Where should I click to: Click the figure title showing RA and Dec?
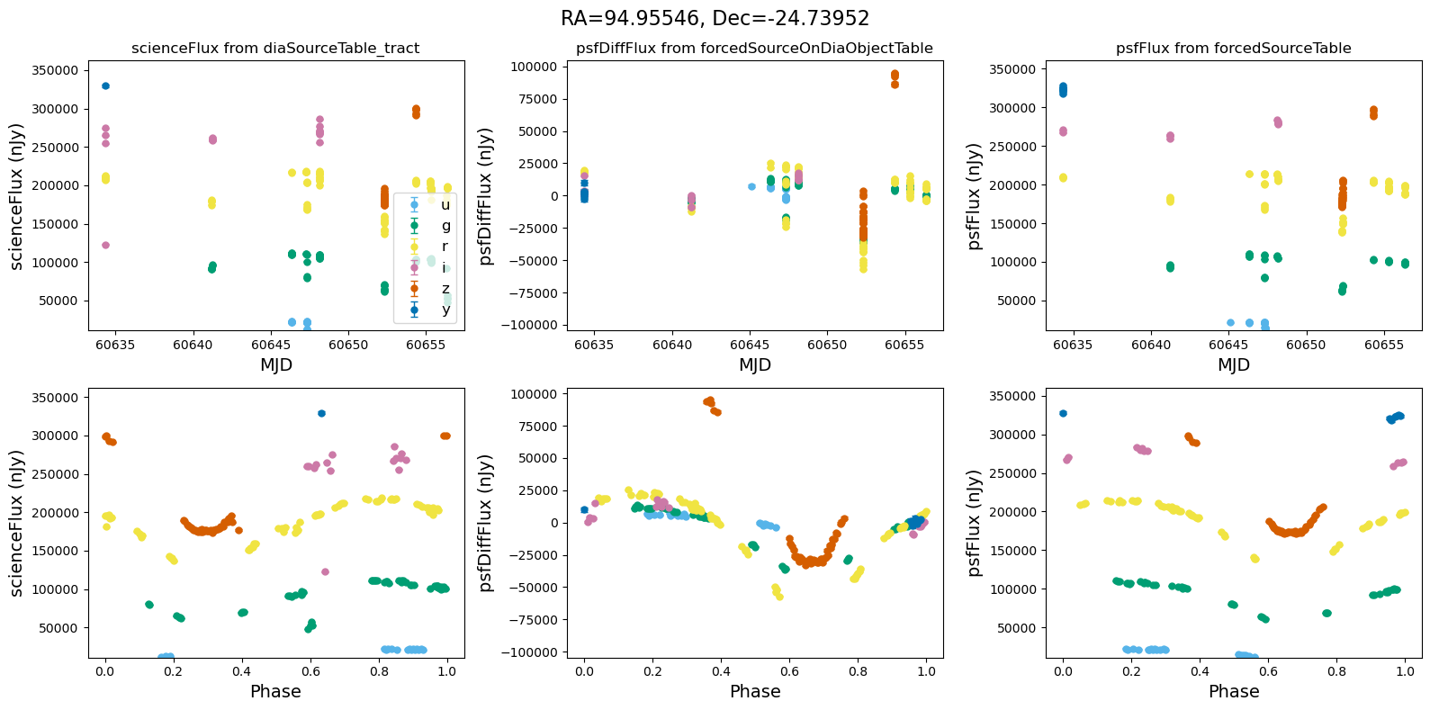pos(715,19)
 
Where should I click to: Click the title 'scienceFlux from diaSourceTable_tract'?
pos(275,49)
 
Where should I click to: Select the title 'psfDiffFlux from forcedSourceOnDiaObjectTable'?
pos(754,49)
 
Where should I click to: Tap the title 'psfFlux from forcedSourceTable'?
pos(1233,49)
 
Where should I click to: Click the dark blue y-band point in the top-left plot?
pos(105,85)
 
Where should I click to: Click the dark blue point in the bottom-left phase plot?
pos(321,413)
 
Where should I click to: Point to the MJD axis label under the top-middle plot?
pos(755,365)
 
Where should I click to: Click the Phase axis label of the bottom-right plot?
pos(1234,692)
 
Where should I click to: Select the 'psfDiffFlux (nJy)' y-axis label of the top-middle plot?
pos(487,196)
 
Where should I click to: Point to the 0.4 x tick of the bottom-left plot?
pos(242,671)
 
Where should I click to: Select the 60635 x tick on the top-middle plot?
pos(585,345)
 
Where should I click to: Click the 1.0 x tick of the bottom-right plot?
pos(1405,671)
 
